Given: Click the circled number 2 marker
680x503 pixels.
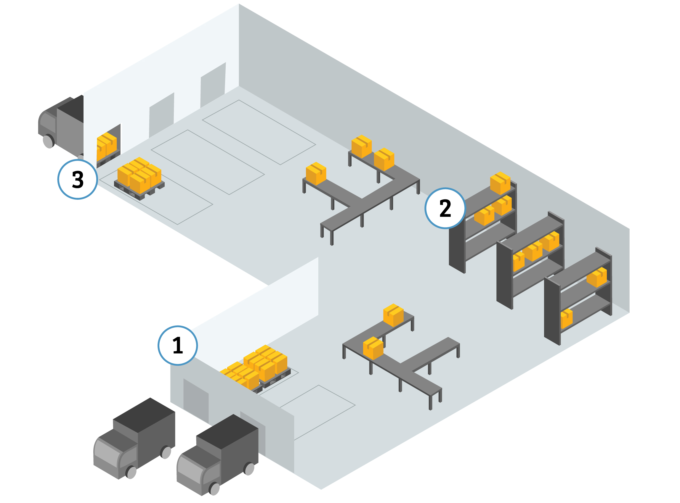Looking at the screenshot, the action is (445, 208).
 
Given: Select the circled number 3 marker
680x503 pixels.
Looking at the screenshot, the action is (78, 179).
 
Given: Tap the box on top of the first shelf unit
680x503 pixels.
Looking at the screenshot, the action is (500, 183).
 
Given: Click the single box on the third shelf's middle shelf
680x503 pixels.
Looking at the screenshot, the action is (597, 277).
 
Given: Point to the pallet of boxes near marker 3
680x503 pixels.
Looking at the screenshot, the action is (139, 178).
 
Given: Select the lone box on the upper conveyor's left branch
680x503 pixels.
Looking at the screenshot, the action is (316, 174).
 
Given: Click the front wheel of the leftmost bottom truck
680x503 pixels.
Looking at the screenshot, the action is (131, 472).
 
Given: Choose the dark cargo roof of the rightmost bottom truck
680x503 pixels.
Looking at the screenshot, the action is (227, 431).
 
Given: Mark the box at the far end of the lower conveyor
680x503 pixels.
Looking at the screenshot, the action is (393, 315).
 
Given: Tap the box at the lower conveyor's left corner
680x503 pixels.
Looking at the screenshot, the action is (373, 348).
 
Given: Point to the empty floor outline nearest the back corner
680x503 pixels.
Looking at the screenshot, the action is (259, 132).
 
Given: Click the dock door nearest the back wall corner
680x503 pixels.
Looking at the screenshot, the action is (213, 85).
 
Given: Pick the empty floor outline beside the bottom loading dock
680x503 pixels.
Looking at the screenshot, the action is (317, 412).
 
